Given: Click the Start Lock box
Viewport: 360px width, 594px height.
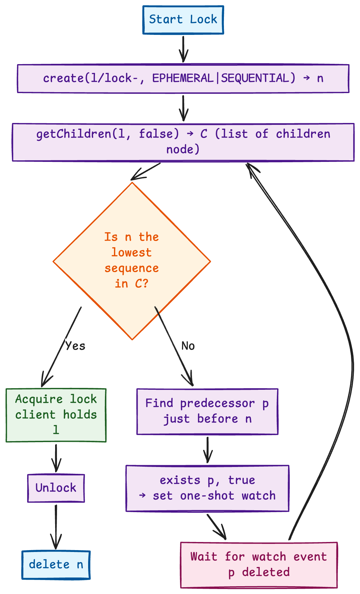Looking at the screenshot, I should tap(183, 20).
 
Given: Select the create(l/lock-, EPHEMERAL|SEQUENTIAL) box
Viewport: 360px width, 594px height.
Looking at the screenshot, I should tap(183, 78).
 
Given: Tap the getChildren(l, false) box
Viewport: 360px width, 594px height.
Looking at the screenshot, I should tap(183, 142).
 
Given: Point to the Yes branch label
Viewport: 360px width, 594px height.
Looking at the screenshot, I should tap(75, 346).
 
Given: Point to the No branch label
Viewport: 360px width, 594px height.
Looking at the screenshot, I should tap(188, 346).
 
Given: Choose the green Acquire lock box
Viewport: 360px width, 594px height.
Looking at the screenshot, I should tap(56, 415).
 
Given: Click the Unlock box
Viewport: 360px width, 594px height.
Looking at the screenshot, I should tap(56, 488).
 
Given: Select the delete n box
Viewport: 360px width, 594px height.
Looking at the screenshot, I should tap(56, 565).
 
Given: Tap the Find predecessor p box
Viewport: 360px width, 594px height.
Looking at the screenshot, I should tap(207, 411).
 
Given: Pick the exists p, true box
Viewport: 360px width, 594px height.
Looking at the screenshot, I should tap(207, 488).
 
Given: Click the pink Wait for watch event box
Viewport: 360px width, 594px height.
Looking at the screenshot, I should tap(259, 565).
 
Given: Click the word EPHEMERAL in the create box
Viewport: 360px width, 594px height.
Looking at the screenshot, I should tap(183, 78).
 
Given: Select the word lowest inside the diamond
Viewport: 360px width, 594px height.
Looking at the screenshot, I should tap(131, 252).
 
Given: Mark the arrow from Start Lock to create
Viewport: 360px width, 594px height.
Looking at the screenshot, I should tap(183, 49).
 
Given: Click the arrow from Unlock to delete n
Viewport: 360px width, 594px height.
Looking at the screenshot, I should tap(56, 526).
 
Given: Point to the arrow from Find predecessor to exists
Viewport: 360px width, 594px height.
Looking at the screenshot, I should tap(207, 450).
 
